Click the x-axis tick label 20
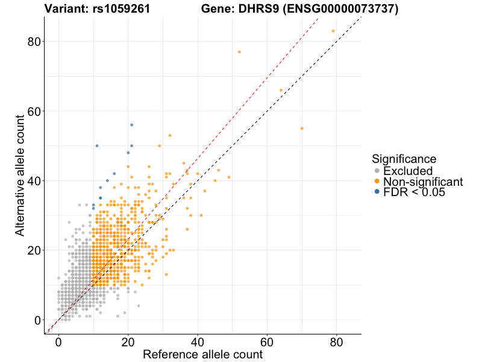click(128, 342)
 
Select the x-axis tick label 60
click(266, 342)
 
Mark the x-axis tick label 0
click(58, 342)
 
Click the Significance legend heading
click(404, 159)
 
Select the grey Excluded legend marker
click(377, 171)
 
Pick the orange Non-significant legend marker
click(377, 182)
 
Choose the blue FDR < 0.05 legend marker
click(377, 192)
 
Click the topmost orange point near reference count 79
click(333, 31)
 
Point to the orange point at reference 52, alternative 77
click(239, 52)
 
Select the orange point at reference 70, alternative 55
click(302, 129)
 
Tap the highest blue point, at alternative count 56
click(131, 125)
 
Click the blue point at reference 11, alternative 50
click(97, 146)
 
